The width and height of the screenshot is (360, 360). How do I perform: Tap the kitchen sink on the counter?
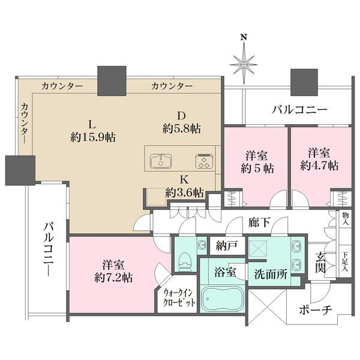click(x=163, y=160)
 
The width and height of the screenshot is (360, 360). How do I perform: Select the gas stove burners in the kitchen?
click(x=203, y=161)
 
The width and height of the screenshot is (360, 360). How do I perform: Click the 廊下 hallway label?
click(x=258, y=221)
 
